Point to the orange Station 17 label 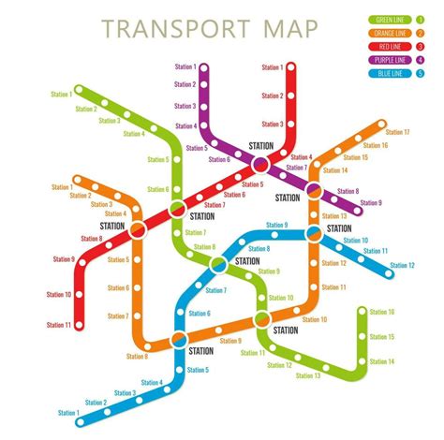coord(398,132)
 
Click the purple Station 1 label coord(185,66)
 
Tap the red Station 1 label coord(272,67)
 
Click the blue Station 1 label coord(67,412)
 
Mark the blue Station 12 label coord(402,266)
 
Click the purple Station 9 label coord(372,203)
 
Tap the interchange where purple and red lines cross coord(261,164)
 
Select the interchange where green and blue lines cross coord(218,265)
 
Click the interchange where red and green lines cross coord(178,209)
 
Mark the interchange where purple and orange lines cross coord(315,191)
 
